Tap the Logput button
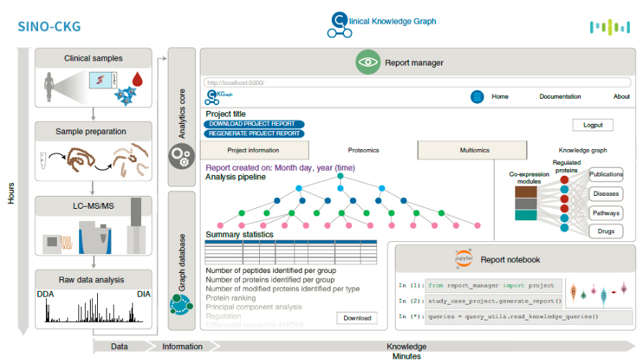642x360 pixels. (593, 125)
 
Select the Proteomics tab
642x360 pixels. (363, 150)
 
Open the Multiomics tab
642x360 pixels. (474, 150)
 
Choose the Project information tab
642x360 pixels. (253, 150)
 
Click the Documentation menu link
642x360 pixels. (560, 96)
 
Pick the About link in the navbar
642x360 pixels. (621, 96)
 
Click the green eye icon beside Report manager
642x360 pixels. (368, 63)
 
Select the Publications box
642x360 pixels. (605, 175)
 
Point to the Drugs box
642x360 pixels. (605, 232)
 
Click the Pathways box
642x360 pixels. (605, 213)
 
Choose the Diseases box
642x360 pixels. (605, 194)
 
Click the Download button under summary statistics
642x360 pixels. (357, 318)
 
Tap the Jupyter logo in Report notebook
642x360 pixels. (462, 258)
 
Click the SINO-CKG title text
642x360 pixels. (49, 28)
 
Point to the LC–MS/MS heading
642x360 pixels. (93, 207)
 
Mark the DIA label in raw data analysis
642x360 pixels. (144, 294)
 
